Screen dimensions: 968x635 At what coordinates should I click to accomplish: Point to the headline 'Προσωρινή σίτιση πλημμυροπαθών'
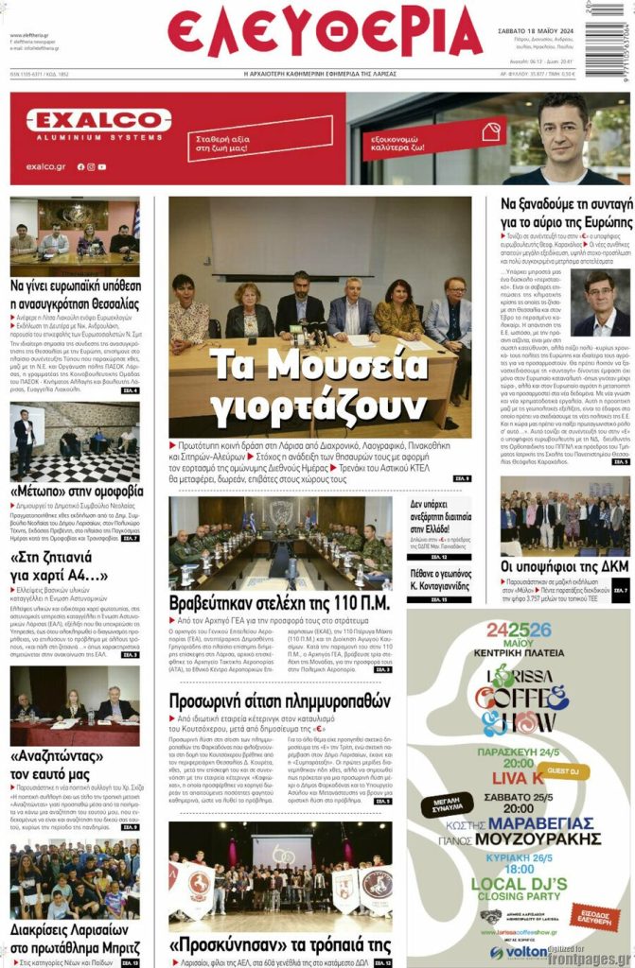(x=279, y=701)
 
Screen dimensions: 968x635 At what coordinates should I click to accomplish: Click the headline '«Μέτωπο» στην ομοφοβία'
(x=76, y=492)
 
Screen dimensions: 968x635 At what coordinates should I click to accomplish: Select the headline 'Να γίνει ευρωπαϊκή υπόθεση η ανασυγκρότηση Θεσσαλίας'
(x=75, y=292)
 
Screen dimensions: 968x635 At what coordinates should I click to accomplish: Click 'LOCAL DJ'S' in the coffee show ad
(x=518, y=885)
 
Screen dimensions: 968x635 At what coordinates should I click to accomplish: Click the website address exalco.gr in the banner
(x=44, y=166)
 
